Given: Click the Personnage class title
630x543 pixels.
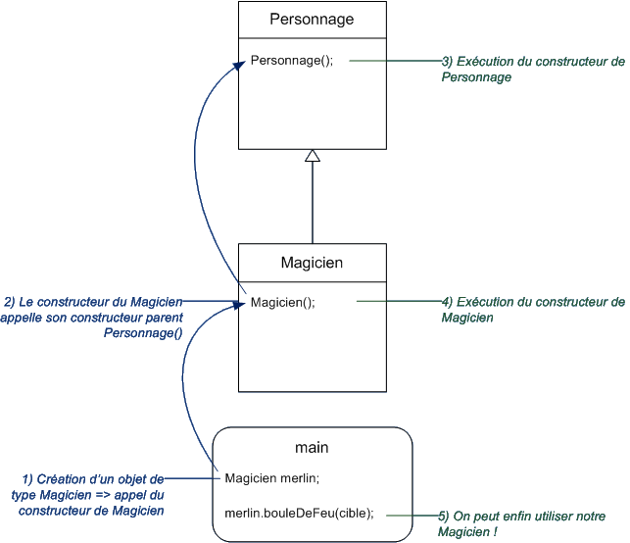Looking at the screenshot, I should click(312, 19).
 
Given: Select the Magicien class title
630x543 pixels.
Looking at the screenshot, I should click(312, 262).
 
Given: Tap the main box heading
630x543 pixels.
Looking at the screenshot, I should click(312, 447).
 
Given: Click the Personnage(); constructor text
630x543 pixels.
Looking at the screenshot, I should click(292, 61).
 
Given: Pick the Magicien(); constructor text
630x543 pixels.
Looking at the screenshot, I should click(283, 302).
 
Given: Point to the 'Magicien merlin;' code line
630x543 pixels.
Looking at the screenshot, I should click(272, 478).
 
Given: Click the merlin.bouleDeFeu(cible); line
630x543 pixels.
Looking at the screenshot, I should click(299, 513).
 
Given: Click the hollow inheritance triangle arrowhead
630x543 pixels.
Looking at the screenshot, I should click(312, 155).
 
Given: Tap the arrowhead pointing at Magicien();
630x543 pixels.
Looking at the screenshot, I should click(237, 306).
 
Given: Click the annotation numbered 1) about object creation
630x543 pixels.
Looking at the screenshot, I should click(93, 494).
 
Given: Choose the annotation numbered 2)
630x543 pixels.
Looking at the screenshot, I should click(93, 317).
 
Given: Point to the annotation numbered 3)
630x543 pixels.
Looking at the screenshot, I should click(532, 69).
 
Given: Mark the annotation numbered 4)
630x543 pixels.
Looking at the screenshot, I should click(532, 310).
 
